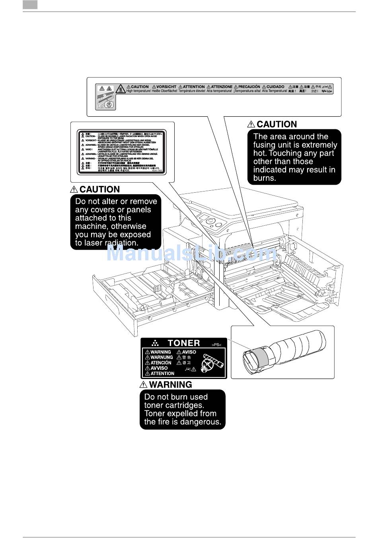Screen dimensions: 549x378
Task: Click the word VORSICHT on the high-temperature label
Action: click(x=166, y=86)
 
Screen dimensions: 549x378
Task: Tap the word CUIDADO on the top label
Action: click(x=275, y=86)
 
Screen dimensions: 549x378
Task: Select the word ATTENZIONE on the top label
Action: click(x=222, y=86)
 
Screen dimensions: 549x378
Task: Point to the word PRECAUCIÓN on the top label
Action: click(x=249, y=86)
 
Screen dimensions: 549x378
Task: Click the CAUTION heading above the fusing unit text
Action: click(x=277, y=124)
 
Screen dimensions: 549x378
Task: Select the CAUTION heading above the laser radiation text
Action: click(x=99, y=190)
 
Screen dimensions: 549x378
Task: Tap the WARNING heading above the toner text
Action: click(x=170, y=385)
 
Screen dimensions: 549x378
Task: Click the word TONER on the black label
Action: click(x=184, y=343)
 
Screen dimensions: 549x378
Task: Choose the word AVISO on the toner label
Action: click(x=189, y=352)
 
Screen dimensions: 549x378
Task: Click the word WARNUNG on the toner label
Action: click(x=162, y=358)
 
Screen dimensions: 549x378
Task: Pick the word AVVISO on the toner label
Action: click(x=159, y=368)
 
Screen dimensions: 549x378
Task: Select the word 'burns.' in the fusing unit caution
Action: click(x=265, y=178)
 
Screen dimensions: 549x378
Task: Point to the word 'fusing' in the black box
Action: click(x=266, y=145)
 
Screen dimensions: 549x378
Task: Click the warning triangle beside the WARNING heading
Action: click(x=144, y=385)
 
